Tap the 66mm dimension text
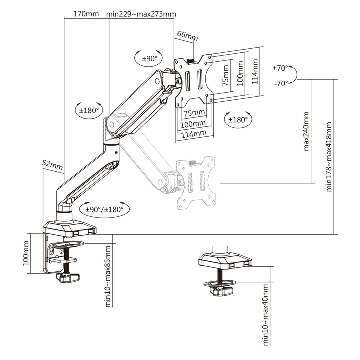click(x=187, y=36)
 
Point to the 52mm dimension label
click(x=52, y=163)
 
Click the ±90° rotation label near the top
click(x=149, y=58)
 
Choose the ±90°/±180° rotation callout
click(x=104, y=210)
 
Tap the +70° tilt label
click(x=280, y=68)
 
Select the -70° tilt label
click(x=280, y=83)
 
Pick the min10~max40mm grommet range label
click(x=265, y=314)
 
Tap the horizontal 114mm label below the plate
click(x=193, y=133)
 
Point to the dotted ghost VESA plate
click(x=196, y=182)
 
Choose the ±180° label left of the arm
click(x=88, y=110)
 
